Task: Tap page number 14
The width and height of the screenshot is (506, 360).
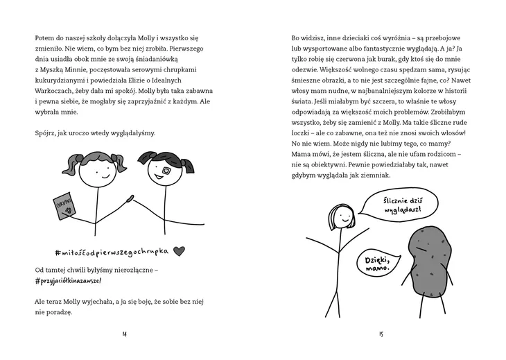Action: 125,335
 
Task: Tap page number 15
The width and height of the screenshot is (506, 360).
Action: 381,335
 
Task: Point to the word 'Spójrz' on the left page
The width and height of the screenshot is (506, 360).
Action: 46,132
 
